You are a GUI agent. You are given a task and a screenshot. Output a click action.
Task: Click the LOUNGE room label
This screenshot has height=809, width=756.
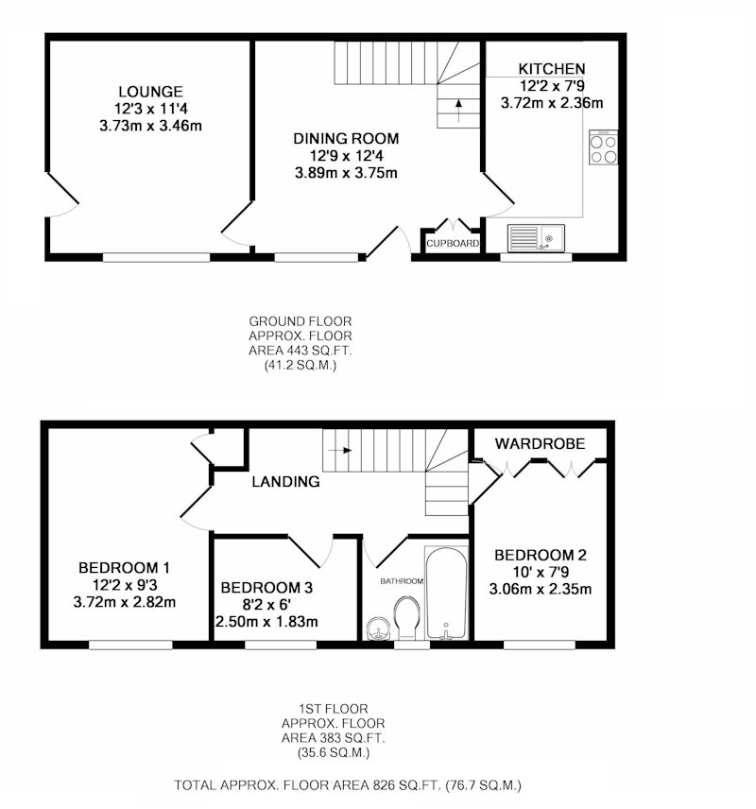(x=150, y=92)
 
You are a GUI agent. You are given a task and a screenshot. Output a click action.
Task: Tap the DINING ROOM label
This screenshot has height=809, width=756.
(x=346, y=139)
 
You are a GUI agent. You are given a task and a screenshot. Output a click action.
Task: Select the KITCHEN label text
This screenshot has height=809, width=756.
(x=552, y=69)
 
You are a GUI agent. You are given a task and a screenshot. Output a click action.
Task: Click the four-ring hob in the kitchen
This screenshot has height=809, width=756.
(x=603, y=147)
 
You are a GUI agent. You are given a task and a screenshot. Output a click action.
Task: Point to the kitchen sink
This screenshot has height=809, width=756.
(x=536, y=238)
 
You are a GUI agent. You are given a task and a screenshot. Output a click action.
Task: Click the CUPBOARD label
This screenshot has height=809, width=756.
(x=453, y=244)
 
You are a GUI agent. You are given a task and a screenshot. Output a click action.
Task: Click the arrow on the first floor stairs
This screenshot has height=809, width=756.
(x=340, y=451)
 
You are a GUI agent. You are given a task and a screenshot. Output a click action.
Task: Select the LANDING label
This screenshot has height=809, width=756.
(x=286, y=482)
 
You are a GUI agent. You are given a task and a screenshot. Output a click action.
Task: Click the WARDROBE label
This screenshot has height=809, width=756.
(x=541, y=443)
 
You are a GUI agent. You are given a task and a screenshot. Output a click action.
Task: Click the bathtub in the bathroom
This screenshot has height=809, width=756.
(x=446, y=593)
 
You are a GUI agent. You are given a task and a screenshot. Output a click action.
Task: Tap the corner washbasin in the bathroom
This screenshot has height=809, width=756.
(x=378, y=629)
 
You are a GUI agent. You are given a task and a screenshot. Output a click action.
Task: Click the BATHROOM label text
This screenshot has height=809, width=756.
(x=402, y=581)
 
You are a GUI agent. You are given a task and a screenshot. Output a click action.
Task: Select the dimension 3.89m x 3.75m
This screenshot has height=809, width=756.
(x=346, y=173)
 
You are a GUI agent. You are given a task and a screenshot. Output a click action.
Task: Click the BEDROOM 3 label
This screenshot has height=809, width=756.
(x=266, y=588)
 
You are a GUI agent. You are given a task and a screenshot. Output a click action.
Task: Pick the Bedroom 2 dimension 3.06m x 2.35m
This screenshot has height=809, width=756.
(x=541, y=589)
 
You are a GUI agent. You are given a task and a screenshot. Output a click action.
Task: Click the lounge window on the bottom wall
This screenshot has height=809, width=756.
(x=156, y=257)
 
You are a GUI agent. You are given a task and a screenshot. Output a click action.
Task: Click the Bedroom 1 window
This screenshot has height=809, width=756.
(x=130, y=645)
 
